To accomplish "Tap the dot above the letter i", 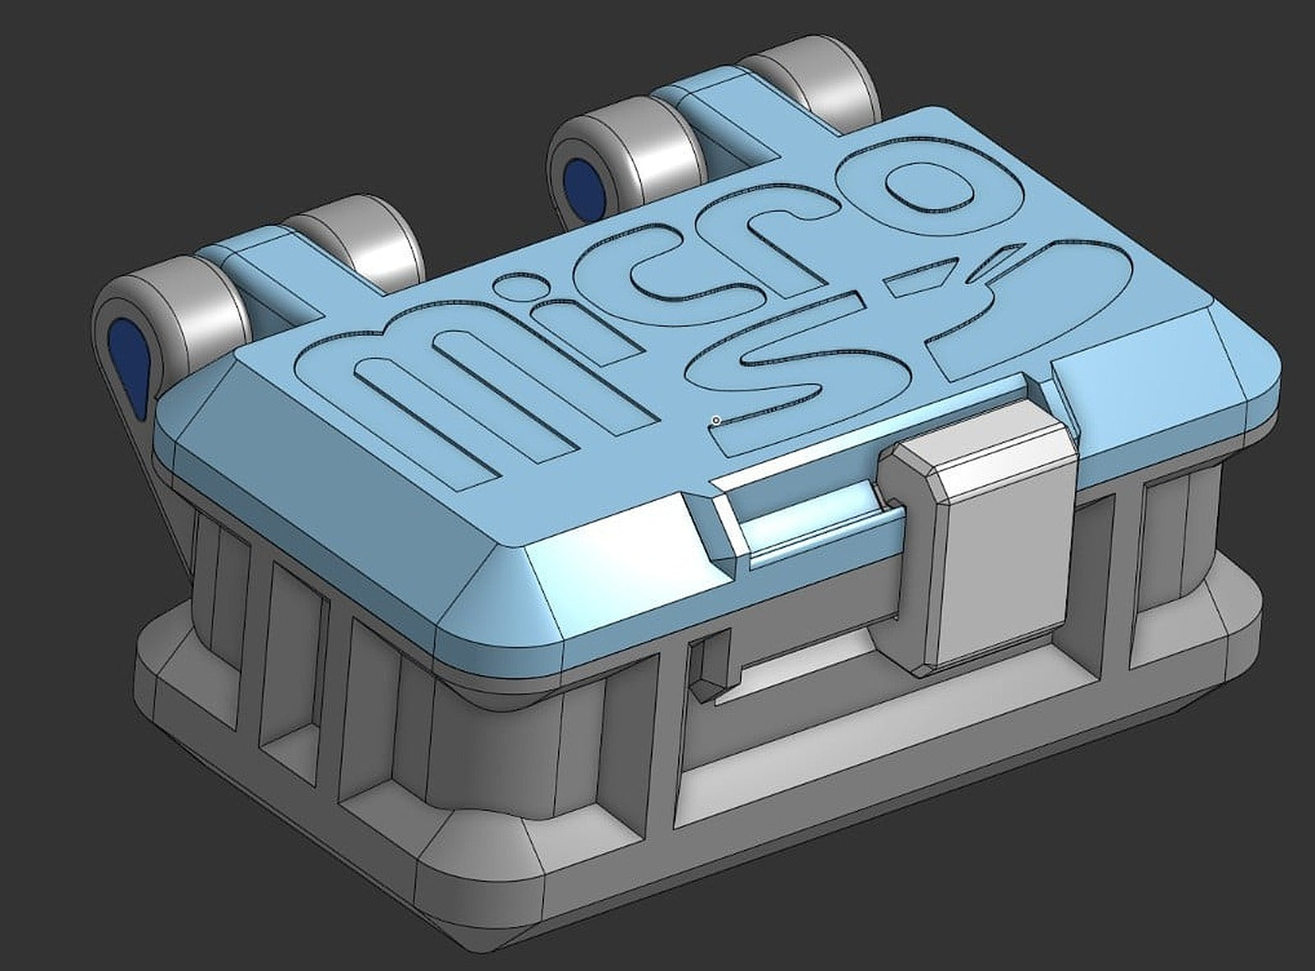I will (510, 288).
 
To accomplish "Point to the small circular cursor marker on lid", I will (717, 420).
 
